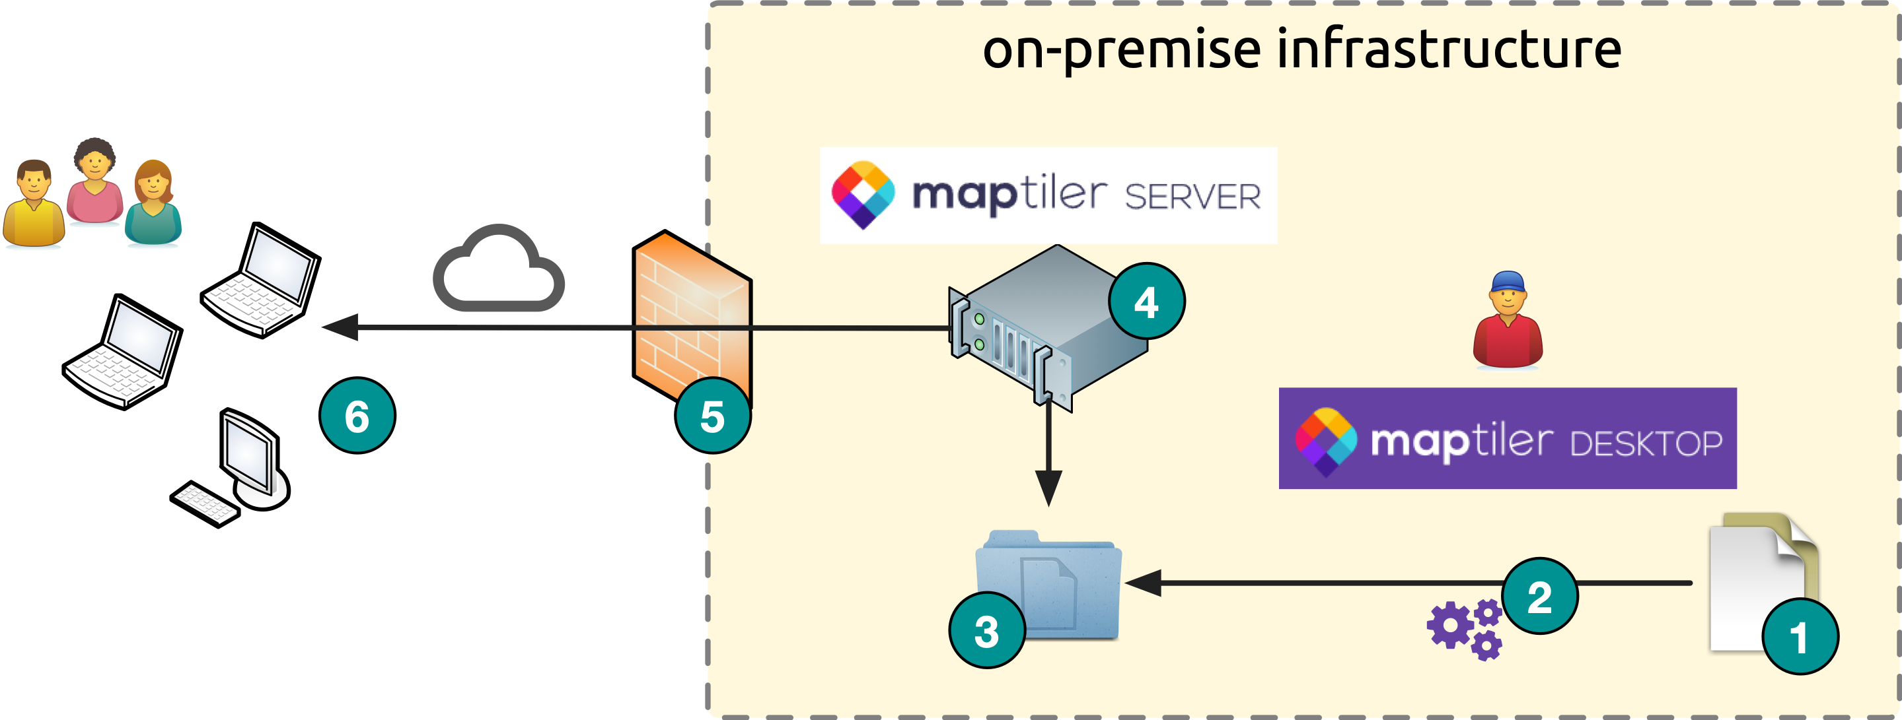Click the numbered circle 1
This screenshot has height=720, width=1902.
tap(1800, 637)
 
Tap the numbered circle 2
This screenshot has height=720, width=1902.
tap(1539, 596)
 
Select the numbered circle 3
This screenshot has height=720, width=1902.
tap(986, 631)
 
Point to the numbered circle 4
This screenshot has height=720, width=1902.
tap(1146, 302)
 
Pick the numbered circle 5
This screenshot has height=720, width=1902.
tap(713, 415)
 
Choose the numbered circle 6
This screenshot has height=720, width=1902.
tap(357, 415)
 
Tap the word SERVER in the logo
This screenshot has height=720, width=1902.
tap(1192, 197)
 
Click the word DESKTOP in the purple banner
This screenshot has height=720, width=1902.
tap(1646, 443)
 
